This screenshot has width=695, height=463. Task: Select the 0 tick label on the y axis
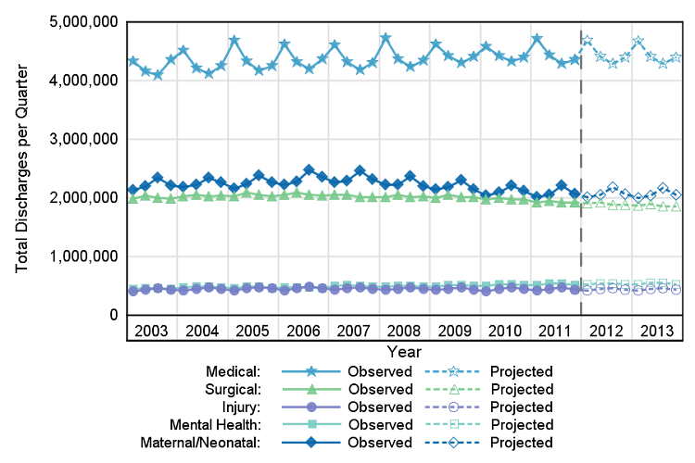pos(113,316)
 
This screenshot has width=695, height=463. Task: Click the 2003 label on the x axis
pos(150,332)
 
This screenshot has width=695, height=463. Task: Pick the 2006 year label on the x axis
pos(303,332)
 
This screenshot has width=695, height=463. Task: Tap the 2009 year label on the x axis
pos(454,332)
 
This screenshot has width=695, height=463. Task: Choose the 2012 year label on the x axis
pos(605,332)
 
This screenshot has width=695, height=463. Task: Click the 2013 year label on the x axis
pos(656,332)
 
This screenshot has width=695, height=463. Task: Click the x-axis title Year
pos(405,352)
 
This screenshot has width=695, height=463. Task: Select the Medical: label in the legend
pos(233,371)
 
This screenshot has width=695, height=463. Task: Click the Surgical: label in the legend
pos(231,389)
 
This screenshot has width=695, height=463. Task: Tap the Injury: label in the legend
pos(238,407)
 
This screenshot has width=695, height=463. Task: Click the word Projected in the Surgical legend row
pos(522,389)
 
